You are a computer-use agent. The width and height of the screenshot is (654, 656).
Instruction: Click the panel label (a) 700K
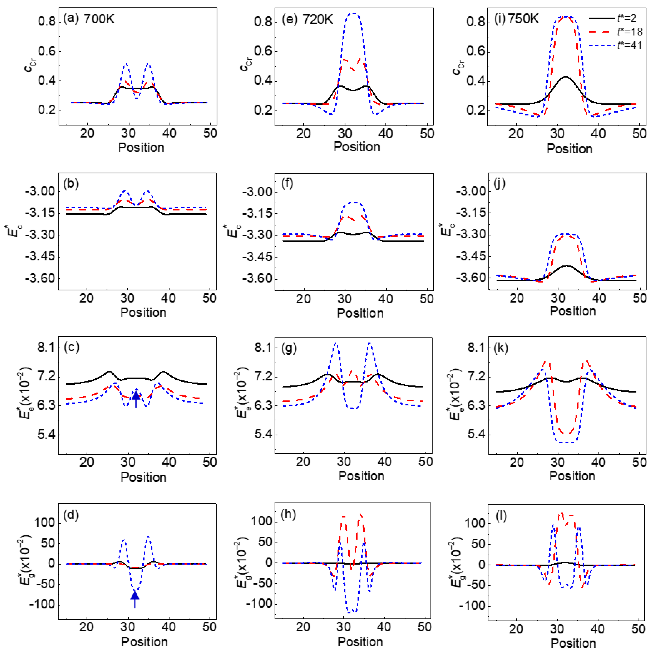coord(89,19)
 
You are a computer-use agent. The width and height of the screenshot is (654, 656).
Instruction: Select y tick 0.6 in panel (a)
coord(47,52)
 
